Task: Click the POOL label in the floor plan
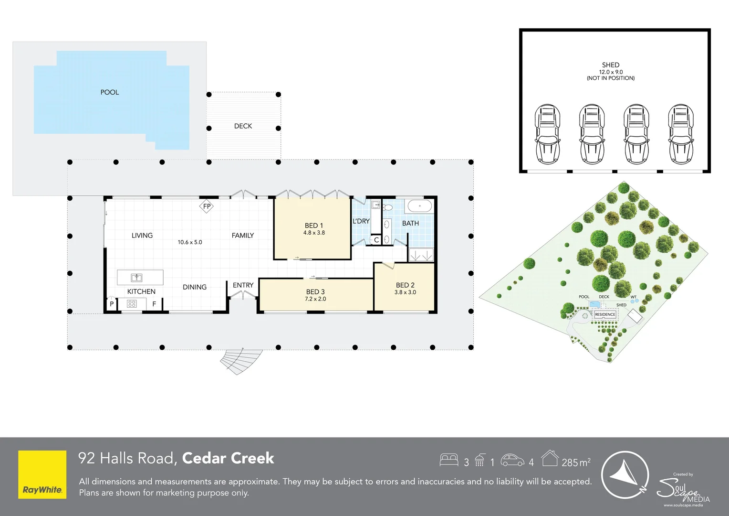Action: (110, 92)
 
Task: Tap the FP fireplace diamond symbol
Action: (207, 206)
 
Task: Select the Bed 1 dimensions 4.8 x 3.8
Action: (314, 233)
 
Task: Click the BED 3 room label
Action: (315, 292)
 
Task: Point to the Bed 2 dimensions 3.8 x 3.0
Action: (405, 292)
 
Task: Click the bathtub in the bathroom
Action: (420, 206)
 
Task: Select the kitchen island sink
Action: (136, 278)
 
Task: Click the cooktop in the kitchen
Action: (132, 304)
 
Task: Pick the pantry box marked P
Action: (112, 304)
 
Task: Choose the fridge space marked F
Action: (154, 304)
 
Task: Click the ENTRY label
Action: (243, 285)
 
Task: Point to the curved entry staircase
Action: (241, 361)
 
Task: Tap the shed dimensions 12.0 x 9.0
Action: (611, 72)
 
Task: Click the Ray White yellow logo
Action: (42, 474)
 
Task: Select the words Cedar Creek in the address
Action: (228, 458)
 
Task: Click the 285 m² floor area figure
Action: (576, 462)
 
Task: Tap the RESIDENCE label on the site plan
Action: (605, 314)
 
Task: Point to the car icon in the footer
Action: (512, 460)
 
